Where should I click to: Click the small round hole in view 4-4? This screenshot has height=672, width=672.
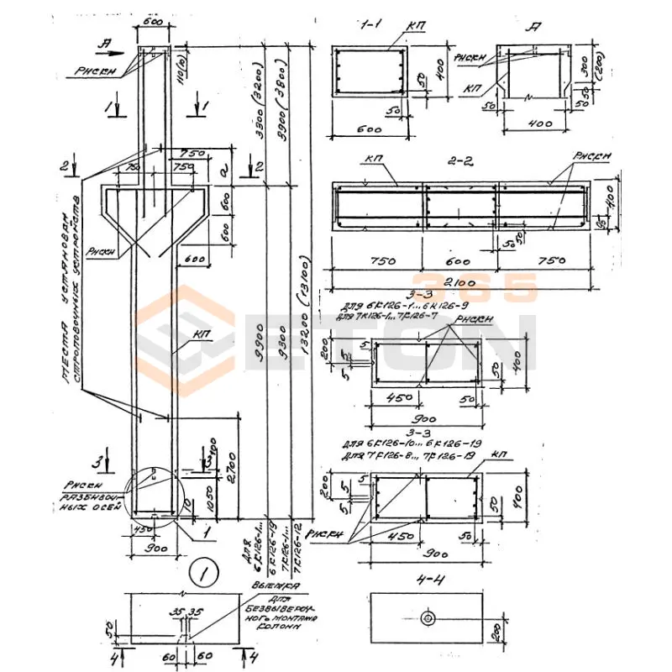click(x=428, y=618)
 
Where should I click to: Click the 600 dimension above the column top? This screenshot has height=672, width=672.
click(x=153, y=23)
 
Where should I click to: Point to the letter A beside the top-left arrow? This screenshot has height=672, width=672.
click(x=104, y=40)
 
